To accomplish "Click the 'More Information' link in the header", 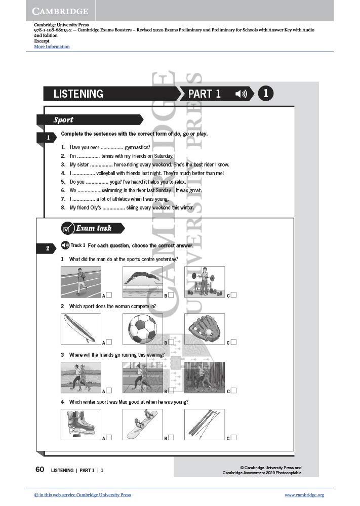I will pyautogui.click(x=52, y=47).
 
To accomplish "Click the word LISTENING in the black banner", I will pyautogui.click(x=78, y=94).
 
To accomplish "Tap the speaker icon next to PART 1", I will pyautogui.click(x=241, y=94).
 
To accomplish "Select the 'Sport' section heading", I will pyautogui.click(x=63, y=120).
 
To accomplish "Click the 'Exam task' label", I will pyautogui.click(x=94, y=228).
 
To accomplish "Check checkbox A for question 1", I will pyautogui.click(x=109, y=295).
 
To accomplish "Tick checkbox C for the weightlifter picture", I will pyautogui.click(x=233, y=295).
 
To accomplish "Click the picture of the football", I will pyautogui.click(x=143, y=329).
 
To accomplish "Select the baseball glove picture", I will pyautogui.click(x=205, y=329).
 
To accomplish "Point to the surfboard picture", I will pyautogui.click(x=81, y=329).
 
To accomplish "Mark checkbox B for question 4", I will pyautogui.click(x=171, y=438).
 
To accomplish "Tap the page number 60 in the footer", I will pyautogui.click(x=40, y=470).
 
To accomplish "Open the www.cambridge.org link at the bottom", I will pyautogui.click(x=304, y=495).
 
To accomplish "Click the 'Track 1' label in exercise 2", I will pyautogui.click(x=77, y=245).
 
